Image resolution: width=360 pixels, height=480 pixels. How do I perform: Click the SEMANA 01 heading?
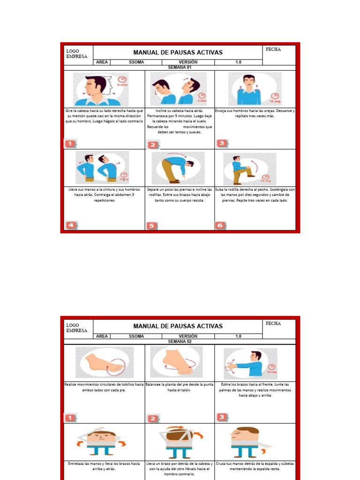coord(180,67)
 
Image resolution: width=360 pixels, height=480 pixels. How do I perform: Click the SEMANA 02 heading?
coord(180,342)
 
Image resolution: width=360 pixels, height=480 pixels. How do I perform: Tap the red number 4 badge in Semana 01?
coord(70,225)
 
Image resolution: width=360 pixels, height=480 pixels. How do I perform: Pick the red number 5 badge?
coord(152,225)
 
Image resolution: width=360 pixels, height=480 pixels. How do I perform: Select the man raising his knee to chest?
coord(243,169)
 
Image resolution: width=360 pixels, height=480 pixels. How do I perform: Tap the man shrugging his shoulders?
coord(249,89)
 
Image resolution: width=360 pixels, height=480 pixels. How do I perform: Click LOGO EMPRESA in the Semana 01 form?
coord(76,53)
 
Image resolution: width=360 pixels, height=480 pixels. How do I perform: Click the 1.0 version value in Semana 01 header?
coord(238,62)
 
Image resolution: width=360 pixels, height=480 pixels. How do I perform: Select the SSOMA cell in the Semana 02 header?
coord(136,336)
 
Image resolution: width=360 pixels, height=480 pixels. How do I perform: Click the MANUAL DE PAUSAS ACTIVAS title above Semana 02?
coord(178,326)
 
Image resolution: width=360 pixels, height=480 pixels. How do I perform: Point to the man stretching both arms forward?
coord(246,364)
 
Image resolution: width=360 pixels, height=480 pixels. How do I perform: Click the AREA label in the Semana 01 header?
coord(102,62)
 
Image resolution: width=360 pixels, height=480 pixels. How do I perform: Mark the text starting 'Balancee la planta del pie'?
coord(180,387)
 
